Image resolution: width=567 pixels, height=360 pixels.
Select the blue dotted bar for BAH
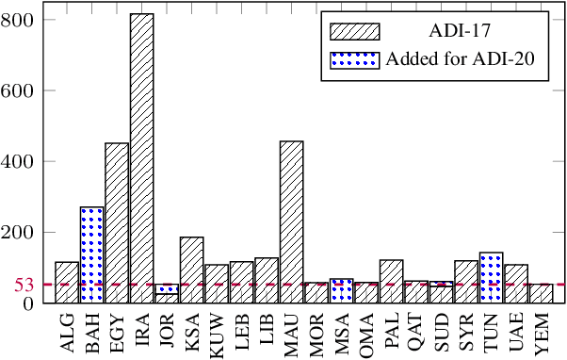91,254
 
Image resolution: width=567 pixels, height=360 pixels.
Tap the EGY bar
117,222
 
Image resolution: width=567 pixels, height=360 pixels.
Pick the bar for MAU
291,221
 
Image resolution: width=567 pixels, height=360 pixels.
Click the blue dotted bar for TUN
491,277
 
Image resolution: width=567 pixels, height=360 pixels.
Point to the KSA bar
191,270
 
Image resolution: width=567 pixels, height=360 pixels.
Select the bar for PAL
391,281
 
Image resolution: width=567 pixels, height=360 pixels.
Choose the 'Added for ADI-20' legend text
461,58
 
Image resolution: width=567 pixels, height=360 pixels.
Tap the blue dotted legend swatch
354,58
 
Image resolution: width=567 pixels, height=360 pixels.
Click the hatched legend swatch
354,31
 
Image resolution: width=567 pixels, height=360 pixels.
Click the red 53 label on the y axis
24,285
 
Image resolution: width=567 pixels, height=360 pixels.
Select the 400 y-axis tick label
19,162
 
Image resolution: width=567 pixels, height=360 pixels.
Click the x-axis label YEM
542,333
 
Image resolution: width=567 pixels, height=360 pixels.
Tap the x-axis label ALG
67,333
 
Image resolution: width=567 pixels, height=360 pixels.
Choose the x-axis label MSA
342,333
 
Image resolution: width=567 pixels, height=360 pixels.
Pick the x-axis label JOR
167,333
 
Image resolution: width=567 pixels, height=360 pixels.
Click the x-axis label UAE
516,333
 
